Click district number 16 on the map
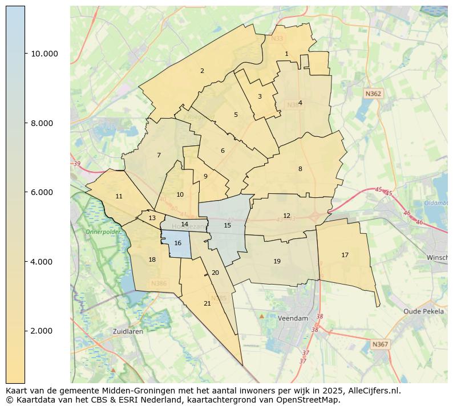point(177,243)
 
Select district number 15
point(228,225)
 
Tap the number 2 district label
point(202,71)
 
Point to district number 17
point(345,255)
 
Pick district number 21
point(207,303)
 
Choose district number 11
point(119,196)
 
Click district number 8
point(300,169)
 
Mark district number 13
point(152,218)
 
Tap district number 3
point(260,96)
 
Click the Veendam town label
point(293,318)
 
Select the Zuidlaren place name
point(128,331)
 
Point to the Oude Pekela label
point(423,311)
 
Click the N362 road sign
point(373,92)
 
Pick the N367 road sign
point(380,344)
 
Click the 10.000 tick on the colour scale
point(44,54)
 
